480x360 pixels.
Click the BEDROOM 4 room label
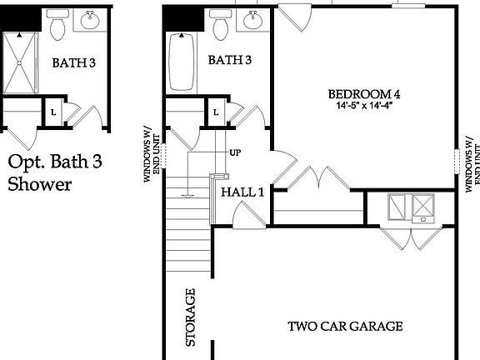(363, 93)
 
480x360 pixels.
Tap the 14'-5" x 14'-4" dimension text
(363, 106)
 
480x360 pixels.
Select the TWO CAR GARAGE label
(345, 326)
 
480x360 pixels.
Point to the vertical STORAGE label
(190, 317)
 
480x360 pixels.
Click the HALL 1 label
(242, 192)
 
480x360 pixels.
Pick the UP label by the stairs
(235, 153)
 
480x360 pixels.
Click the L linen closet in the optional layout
(53, 112)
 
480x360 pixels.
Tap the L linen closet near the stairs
(216, 112)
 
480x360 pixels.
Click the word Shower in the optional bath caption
(39, 183)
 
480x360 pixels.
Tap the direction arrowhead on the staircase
(189, 197)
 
